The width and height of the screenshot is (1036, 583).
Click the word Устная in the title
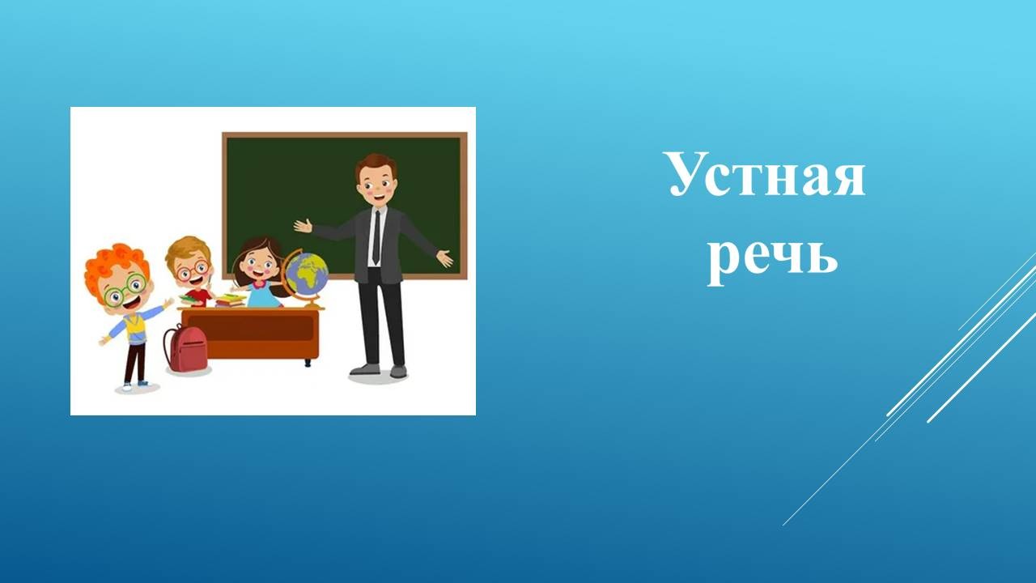(x=766, y=175)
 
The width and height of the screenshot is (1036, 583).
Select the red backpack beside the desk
(x=186, y=348)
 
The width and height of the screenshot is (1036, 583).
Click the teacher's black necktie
(x=377, y=237)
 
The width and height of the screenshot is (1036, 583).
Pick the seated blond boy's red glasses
(x=193, y=270)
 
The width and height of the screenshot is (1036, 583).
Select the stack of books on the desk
(x=229, y=300)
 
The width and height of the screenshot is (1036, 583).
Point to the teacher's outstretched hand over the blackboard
(x=304, y=226)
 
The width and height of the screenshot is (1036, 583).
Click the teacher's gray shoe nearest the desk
(x=364, y=369)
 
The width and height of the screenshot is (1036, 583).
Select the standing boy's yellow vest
(x=135, y=328)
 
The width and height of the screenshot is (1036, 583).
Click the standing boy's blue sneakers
(x=135, y=385)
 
